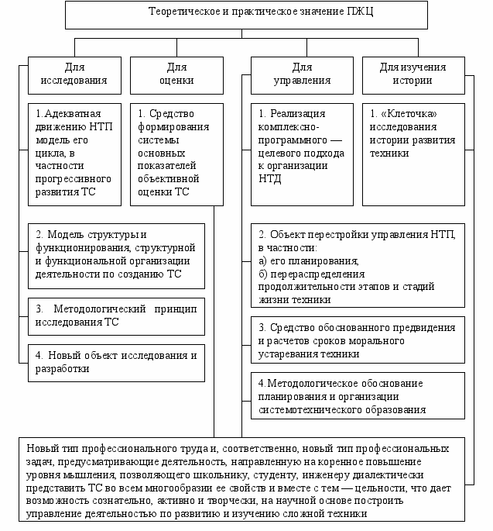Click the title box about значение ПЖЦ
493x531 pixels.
click(x=245, y=14)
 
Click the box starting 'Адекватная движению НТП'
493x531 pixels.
click(x=74, y=154)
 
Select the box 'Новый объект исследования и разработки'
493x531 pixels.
click(x=117, y=362)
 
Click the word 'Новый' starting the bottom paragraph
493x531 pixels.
click(x=41, y=449)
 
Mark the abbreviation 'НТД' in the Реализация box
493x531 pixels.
click(x=271, y=179)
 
